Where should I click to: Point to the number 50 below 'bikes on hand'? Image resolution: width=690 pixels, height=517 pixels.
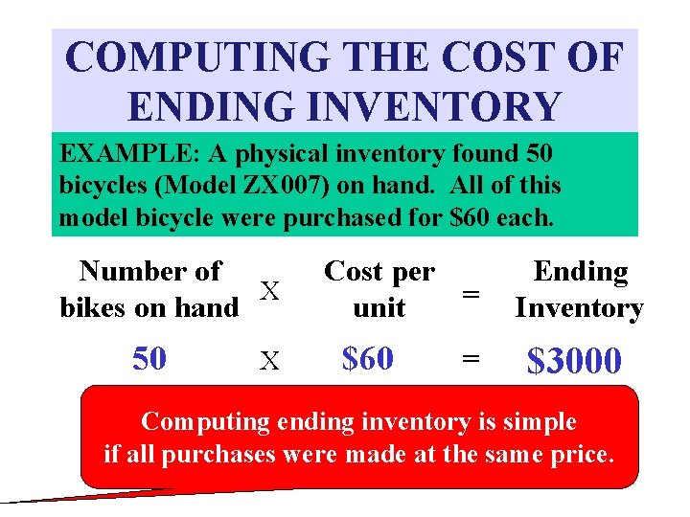click(x=149, y=358)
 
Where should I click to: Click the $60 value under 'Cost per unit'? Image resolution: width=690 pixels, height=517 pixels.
click(x=368, y=358)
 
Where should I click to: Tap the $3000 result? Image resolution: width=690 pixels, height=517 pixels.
click(x=574, y=360)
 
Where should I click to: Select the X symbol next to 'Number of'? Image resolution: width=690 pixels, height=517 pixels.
click(x=271, y=290)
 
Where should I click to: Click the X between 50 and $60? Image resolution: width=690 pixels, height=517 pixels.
click(x=270, y=360)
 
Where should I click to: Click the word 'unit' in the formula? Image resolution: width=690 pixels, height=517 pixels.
click(x=379, y=308)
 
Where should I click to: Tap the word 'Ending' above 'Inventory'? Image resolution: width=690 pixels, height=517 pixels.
click(x=580, y=272)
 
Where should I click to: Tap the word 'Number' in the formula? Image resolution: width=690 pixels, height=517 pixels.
click(x=123, y=272)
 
